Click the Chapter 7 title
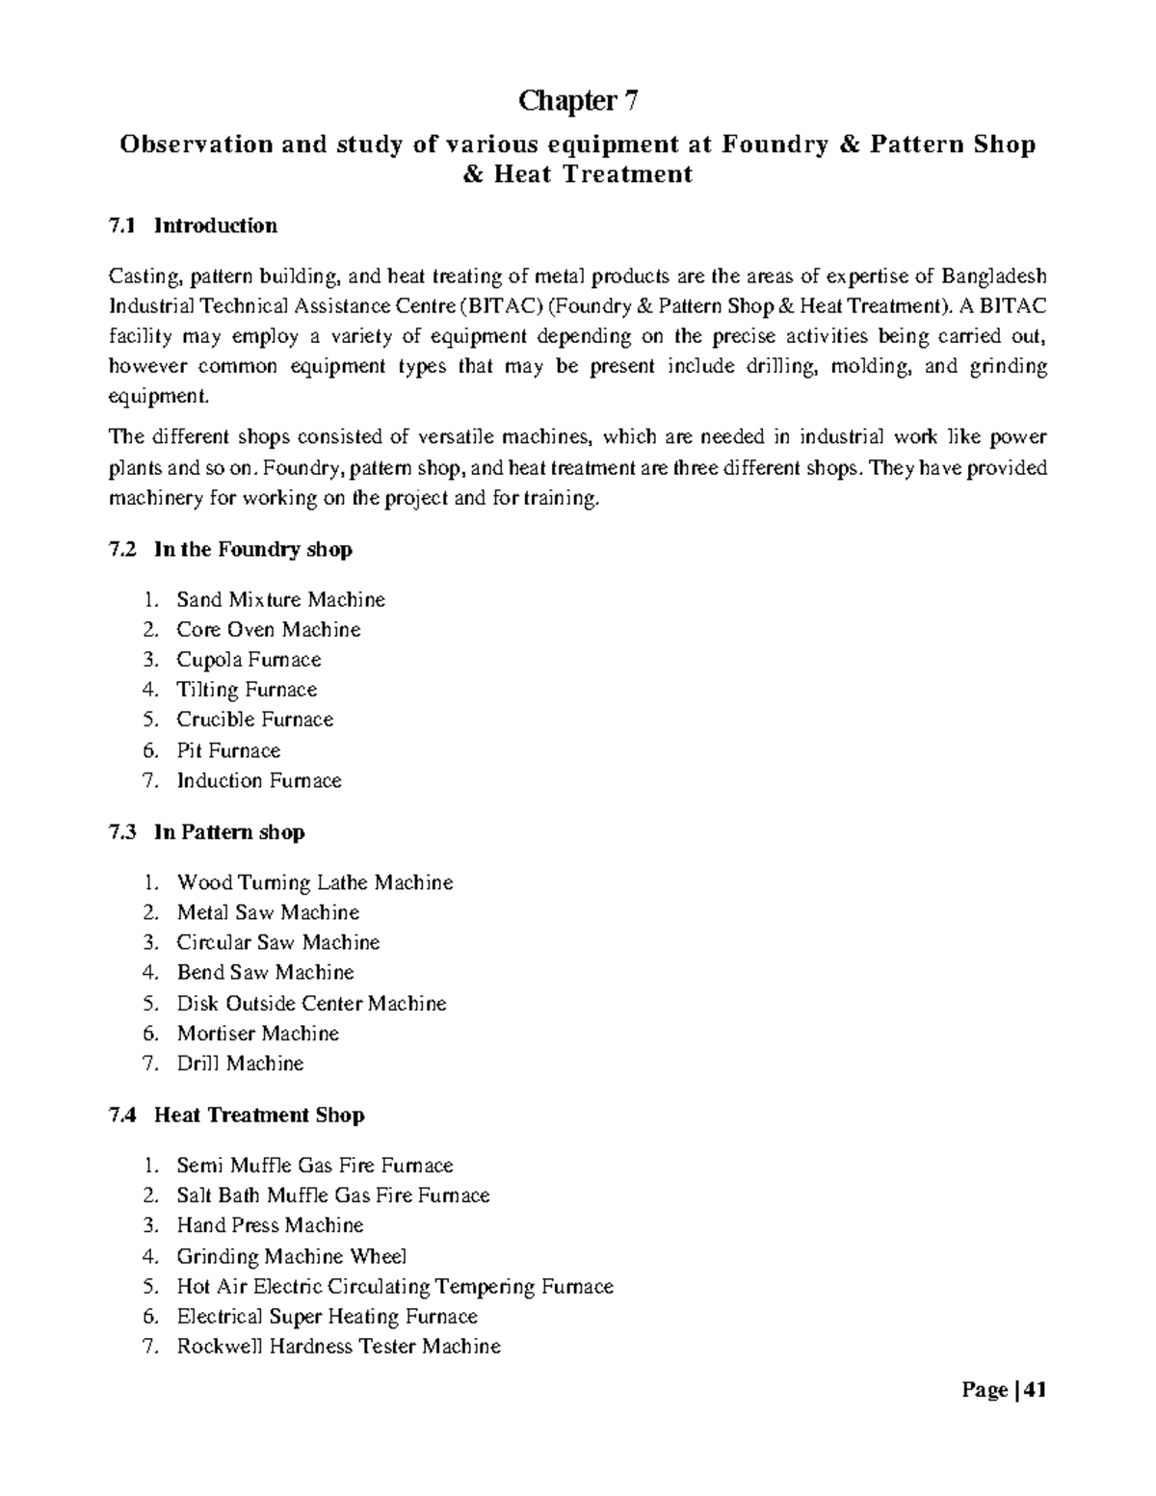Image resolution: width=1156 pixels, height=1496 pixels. point(578,100)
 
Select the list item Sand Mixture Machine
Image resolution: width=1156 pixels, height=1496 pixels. point(280,600)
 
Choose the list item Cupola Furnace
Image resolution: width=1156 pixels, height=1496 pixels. point(249,660)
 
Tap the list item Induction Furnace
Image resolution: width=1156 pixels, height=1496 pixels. point(259,780)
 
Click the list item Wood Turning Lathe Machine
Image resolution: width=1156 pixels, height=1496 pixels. point(314,882)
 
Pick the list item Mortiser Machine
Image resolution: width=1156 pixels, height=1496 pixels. point(257,1034)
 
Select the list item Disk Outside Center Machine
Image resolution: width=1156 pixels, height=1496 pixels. point(311,1004)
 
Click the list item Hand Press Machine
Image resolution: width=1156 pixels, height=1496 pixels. point(270,1225)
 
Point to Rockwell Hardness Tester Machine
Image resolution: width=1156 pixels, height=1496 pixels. point(338,1347)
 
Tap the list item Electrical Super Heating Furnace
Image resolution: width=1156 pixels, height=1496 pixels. point(327,1316)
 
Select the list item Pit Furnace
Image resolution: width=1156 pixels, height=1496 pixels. point(228,750)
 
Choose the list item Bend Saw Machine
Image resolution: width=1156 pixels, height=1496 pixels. point(265,973)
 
